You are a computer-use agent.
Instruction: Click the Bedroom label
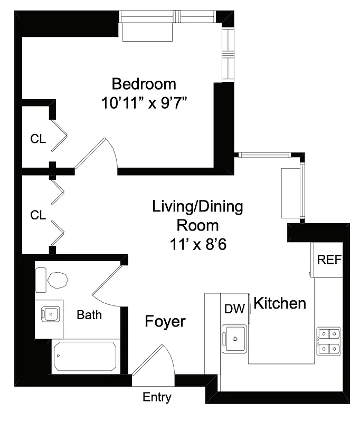point(144,84)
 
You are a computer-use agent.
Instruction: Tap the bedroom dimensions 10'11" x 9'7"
point(145,102)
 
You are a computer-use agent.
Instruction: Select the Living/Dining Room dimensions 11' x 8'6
point(197,244)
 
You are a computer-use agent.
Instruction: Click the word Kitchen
point(280,303)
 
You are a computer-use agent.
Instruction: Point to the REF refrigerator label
point(328,260)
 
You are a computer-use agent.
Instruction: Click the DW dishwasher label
point(234,309)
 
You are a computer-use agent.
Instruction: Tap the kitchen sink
point(235,338)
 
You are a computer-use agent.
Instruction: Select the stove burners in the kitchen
point(328,341)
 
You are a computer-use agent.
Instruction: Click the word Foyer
point(165,321)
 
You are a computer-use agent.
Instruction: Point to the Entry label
point(157,397)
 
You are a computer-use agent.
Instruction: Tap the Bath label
point(89,315)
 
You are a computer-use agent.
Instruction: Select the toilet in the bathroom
point(52,280)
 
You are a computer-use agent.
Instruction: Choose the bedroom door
point(95,155)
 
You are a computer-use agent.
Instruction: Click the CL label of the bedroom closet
point(38,140)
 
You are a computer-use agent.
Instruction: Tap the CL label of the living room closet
point(38,215)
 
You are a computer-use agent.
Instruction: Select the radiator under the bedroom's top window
point(148,33)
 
